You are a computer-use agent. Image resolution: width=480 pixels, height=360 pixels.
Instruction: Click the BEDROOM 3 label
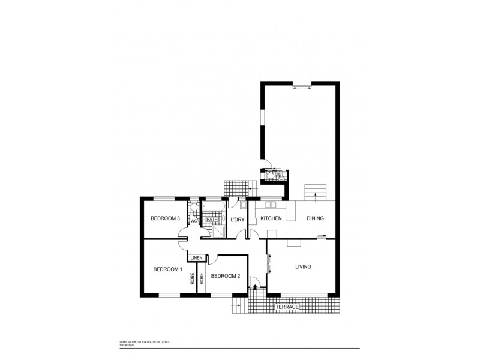(x=166, y=218)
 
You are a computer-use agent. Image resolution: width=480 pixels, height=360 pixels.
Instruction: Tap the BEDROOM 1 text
(x=167, y=269)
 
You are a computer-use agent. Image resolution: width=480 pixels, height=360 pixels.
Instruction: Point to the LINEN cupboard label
(x=196, y=258)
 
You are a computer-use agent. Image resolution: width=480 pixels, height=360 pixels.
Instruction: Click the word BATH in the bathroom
(x=212, y=220)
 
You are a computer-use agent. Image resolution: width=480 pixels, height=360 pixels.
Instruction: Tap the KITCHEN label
(x=271, y=218)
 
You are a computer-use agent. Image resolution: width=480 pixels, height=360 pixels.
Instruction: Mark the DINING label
(x=316, y=218)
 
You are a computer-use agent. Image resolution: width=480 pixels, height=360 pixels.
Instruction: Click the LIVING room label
(x=302, y=266)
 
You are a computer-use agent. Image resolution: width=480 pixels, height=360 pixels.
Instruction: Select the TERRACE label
(x=287, y=307)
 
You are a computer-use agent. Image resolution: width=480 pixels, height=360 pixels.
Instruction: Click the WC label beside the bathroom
(x=194, y=220)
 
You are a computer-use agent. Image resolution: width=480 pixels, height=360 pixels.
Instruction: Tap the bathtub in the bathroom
(x=213, y=208)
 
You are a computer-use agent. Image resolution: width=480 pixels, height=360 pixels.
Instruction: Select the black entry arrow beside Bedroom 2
(x=257, y=287)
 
